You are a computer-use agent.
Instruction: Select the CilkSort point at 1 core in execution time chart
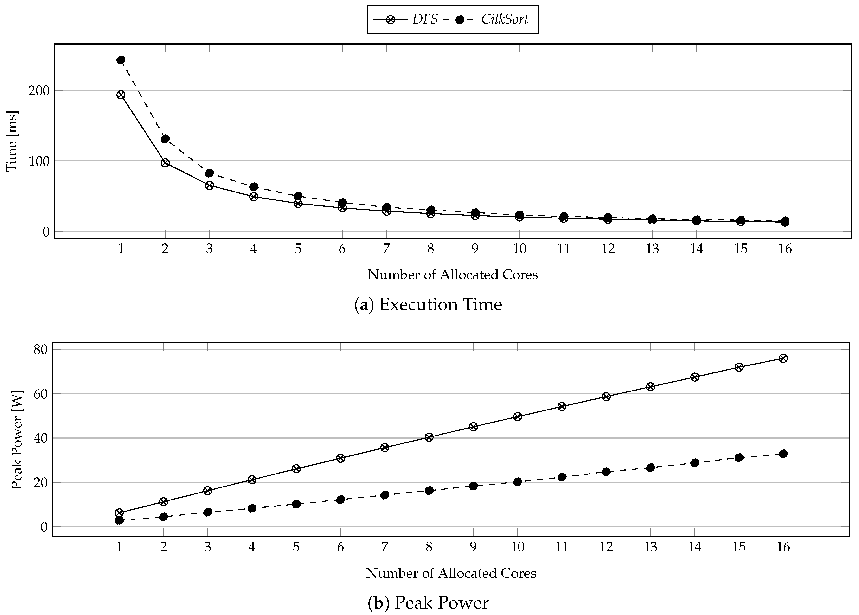coord(121,60)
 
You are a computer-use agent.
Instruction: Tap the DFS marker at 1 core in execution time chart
coord(121,95)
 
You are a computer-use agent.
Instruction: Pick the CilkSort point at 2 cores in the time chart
coord(165,139)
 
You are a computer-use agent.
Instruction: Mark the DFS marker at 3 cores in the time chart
coord(209,185)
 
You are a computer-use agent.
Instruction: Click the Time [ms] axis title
coord(12,141)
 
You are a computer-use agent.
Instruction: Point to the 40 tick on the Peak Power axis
coord(41,438)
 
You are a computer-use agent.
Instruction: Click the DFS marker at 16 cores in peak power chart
coord(783,358)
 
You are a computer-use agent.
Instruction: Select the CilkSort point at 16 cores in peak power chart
coord(783,454)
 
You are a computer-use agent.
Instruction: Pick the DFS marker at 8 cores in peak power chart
coord(429,437)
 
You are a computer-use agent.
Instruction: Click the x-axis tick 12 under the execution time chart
coord(608,249)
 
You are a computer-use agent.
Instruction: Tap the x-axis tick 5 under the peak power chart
coord(296,547)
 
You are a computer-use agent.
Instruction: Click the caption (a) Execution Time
coord(428,304)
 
